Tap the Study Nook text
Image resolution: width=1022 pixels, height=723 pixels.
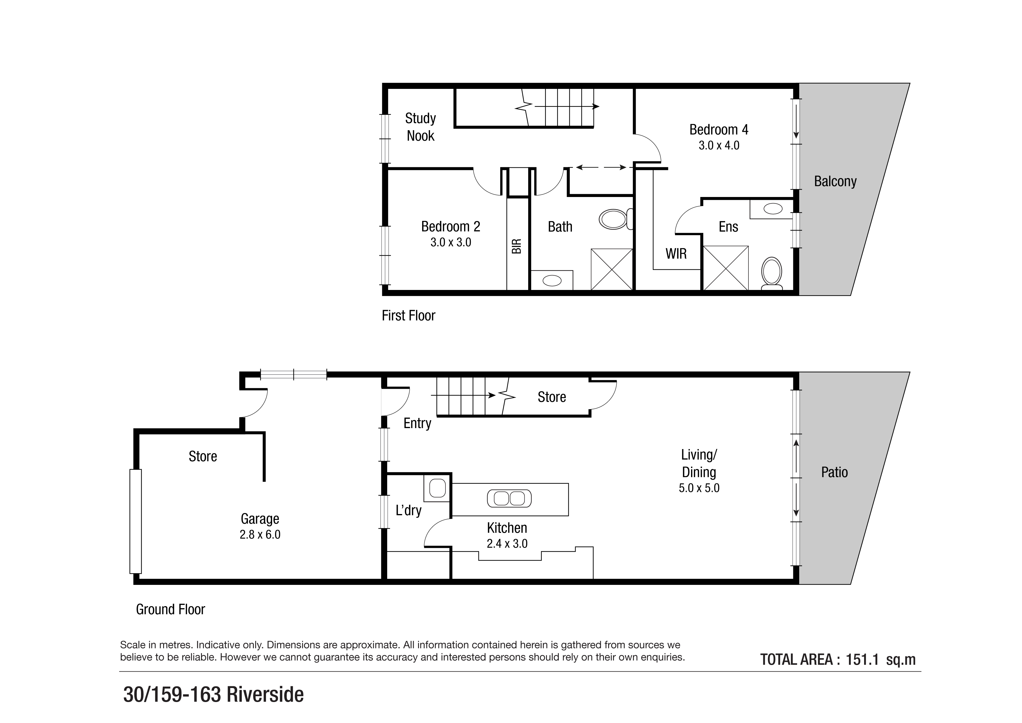(420, 127)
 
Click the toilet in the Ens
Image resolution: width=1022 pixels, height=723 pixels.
(771, 272)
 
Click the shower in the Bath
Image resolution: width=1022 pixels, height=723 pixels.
(612, 269)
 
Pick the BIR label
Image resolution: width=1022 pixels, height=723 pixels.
(516, 246)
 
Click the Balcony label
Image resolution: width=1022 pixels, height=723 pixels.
(835, 181)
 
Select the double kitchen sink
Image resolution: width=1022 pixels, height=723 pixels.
(509, 498)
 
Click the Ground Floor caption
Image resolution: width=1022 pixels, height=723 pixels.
(170, 609)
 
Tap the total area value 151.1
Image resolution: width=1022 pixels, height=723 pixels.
(862, 659)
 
